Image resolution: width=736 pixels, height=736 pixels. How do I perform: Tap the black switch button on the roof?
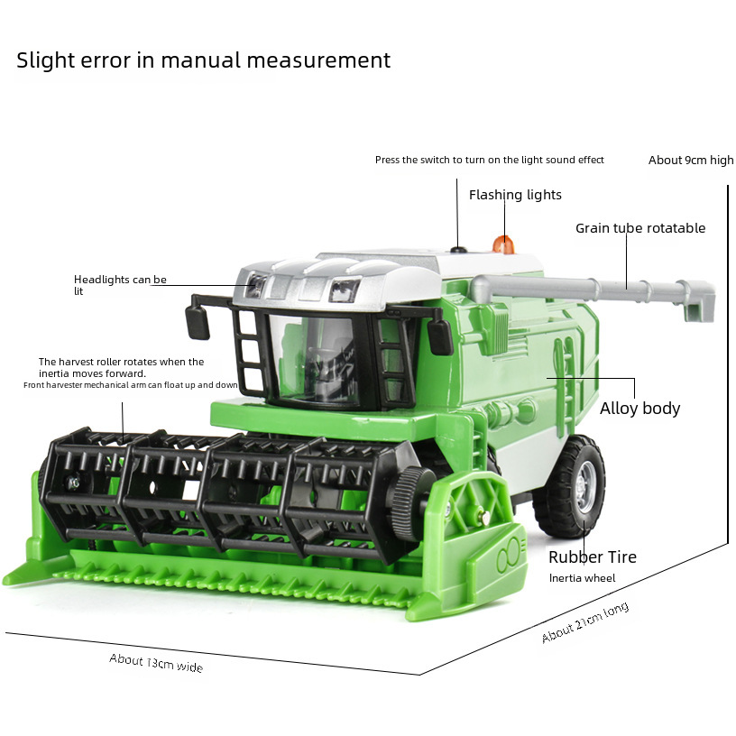[458, 250]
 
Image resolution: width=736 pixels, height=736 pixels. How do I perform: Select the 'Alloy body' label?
[639, 409]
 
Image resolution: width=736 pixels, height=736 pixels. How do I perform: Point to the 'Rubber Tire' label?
[592, 557]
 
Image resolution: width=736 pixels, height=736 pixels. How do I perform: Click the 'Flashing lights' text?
[515, 195]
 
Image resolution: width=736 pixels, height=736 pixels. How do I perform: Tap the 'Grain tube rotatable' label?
[640, 228]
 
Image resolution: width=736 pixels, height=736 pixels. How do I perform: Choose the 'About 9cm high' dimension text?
[691, 160]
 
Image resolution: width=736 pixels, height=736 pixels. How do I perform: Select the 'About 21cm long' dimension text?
[584, 622]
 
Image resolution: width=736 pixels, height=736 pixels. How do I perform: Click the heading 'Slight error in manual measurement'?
[203, 60]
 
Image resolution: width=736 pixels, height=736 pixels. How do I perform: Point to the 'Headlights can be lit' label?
[120, 285]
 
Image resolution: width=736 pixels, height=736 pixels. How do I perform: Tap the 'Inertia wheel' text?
[582, 578]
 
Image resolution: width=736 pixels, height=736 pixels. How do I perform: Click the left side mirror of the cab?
[198, 320]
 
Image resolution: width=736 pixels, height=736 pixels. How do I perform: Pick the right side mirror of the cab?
[440, 336]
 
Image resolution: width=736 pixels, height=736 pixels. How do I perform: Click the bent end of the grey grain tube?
[697, 300]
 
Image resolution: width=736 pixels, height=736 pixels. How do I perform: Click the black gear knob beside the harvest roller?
[411, 495]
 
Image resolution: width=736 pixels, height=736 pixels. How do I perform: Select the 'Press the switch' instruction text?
[489, 160]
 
